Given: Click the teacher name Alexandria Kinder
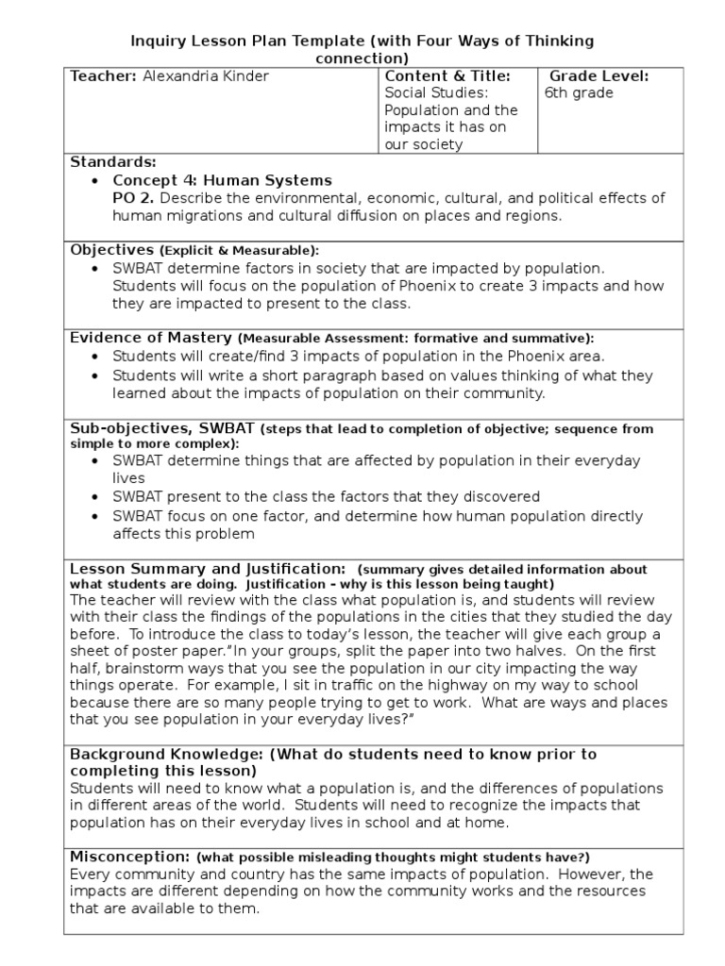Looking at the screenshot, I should (x=206, y=76).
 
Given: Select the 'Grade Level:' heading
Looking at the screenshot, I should (x=599, y=76).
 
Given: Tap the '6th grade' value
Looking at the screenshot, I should (x=579, y=93).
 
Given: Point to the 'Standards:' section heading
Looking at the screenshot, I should (x=113, y=162).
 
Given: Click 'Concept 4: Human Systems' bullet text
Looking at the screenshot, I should (x=222, y=180).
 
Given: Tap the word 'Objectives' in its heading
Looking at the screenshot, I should (x=111, y=250).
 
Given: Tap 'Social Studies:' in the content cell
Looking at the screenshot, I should (x=435, y=93).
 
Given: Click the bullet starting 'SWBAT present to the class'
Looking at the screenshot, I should (x=326, y=496).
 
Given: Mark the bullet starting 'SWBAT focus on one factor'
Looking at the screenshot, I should (x=378, y=516).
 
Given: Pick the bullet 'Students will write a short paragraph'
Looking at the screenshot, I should (x=382, y=375).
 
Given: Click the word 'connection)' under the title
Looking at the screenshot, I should (x=362, y=58).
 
